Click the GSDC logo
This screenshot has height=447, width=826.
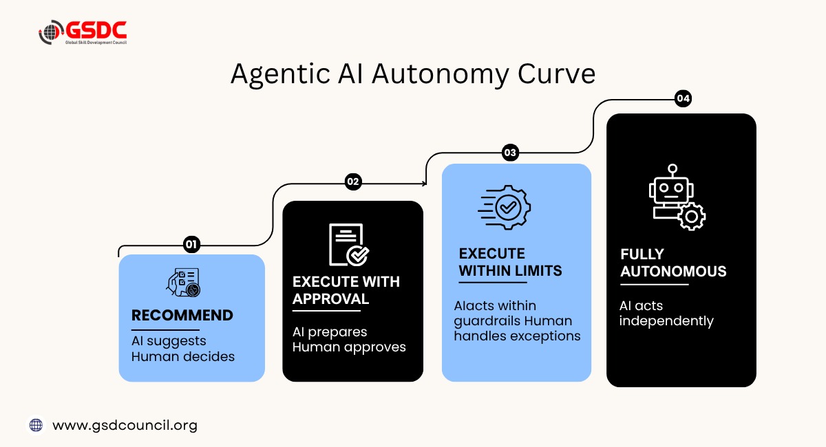pos(83,32)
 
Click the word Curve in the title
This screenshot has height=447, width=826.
pos(556,74)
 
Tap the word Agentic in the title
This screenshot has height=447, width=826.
pos(280,75)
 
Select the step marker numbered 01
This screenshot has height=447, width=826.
pos(191,244)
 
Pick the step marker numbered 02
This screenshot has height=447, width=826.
pos(353,182)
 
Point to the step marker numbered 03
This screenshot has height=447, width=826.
pos(510,153)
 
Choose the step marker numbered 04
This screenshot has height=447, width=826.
pos(683,98)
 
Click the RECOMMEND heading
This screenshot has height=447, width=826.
pos(182,316)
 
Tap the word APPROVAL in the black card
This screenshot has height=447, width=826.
pos(330,299)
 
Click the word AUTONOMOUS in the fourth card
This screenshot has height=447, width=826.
pos(673,272)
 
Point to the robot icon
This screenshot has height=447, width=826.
pos(677,197)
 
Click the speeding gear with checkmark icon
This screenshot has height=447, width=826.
pos(504,207)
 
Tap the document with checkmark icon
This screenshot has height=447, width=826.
pos(349,245)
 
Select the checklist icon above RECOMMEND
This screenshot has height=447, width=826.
pos(183,282)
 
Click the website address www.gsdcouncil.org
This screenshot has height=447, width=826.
pos(125,426)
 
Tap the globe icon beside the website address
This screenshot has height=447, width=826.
pos(36,425)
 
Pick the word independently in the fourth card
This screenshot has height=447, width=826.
pos(666,321)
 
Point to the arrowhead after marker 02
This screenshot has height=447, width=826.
pos(425,183)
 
